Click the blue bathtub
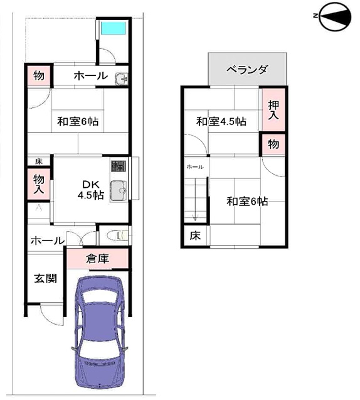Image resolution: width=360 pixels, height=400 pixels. [x=114, y=28]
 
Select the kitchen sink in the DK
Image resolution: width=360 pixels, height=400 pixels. [x=119, y=191]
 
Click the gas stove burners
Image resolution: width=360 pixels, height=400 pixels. [x=119, y=166]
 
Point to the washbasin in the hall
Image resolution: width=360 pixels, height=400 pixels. [x=121, y=78]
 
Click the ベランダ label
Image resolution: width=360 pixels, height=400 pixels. [x=247, y=69]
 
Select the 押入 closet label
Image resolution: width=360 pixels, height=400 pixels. [x=273, y=110]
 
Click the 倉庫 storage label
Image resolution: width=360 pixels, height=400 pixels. [x=98, y=259]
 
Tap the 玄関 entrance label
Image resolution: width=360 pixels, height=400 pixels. [x=45, y=278]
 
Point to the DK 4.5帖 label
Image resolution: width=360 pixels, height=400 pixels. [x=91, y=189]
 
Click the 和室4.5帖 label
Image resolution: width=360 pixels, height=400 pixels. [x=221, y=121]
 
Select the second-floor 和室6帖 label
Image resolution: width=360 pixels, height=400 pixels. [x=247, y=202]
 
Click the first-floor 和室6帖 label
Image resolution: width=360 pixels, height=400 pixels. [x=78, y=121]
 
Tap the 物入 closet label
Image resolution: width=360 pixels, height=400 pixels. [x=39, y=184]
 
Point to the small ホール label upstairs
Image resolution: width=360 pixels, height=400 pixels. [x=195, y=167]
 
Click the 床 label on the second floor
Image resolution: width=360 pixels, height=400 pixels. [x=195, y=235]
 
